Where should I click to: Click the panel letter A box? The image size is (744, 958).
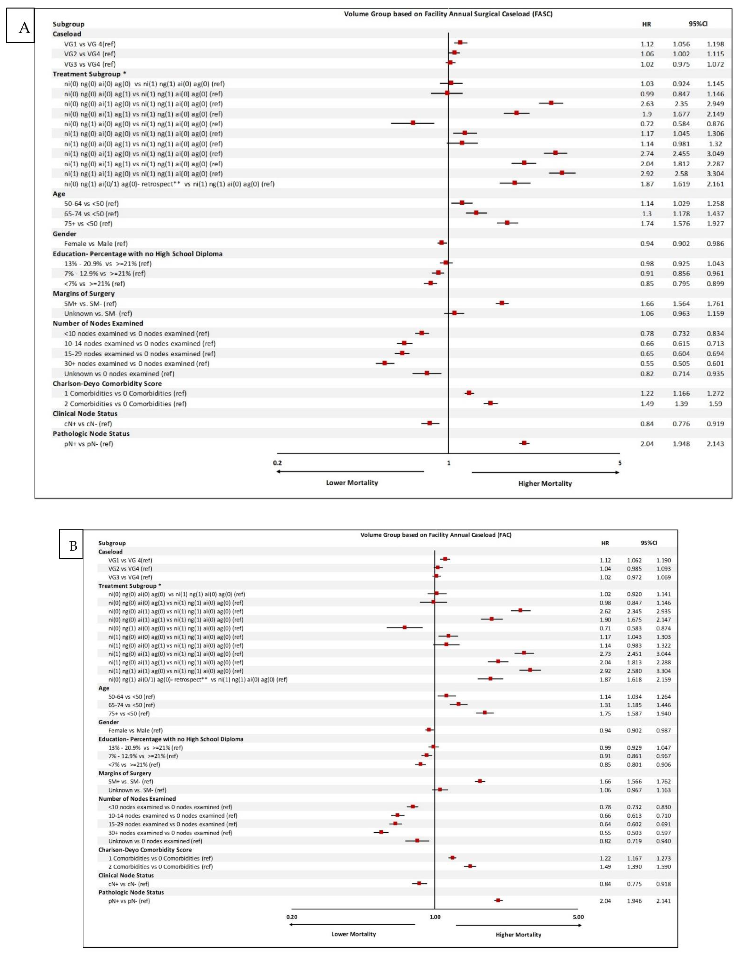click(21, 28)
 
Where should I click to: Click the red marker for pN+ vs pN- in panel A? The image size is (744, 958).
click(524, 443)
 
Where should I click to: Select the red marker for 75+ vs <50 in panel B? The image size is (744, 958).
click(485, 712)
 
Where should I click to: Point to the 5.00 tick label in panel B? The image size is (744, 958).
click(578, 917)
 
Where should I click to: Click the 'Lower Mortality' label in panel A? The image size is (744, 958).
click(352, 482)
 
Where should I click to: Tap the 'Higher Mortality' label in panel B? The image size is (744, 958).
click(519, 934)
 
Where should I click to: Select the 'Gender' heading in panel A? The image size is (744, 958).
click(65, 234)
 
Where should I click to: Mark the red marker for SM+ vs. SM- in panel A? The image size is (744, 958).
click(502, 303)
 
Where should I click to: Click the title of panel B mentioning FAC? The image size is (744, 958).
click(436, 535)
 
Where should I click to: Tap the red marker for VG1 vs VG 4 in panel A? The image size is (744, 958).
click(460, 43)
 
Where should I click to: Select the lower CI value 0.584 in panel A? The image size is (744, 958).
click(681, 124)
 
